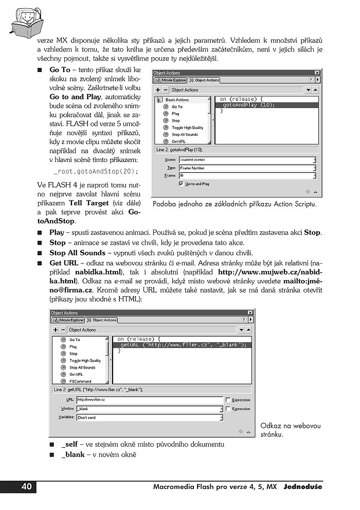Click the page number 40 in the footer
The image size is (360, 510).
[x=26, y=487]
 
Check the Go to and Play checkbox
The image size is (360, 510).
[x=181, y=184]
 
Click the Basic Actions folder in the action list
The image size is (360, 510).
[x=177, y=100]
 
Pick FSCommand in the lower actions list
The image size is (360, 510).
[x=80, y=381]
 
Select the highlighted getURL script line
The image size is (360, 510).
[x=183, y=345]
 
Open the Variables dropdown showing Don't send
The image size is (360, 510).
[x=149, y=418]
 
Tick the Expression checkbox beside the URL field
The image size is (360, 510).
[x=229, y=399]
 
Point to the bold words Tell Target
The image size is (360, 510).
[x=86, y=203]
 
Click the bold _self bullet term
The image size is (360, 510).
[x=69, y=444]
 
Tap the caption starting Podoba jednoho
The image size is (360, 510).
[x=235, y=204]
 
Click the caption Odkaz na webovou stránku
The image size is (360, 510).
[x=290, y=430]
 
